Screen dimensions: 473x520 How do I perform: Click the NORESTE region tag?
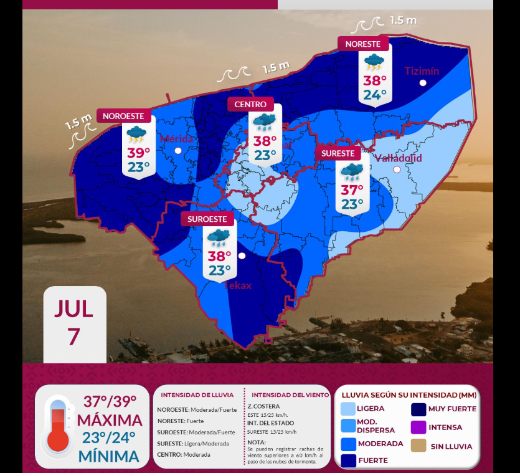pos(363,44)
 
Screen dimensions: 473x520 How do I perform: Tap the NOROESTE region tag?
pos(123,116)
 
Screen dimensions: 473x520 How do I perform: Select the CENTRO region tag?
pos(251,104)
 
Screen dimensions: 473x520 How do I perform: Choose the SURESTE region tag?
pos(338,153)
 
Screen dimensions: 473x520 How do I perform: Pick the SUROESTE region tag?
pos(208,219)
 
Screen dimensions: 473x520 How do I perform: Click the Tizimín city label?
pos(422,71)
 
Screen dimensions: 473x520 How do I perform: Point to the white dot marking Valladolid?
pos(397,170)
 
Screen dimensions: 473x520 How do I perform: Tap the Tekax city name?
pos(238,285)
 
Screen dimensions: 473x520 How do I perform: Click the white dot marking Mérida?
pos(178,151)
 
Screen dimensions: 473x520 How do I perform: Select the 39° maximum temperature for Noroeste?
pos(139,153)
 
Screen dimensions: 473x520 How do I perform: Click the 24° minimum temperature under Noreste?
pos(375,95)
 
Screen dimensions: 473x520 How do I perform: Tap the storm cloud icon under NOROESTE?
pos(136,133)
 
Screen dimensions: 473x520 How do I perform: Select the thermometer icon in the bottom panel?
pos(57,426)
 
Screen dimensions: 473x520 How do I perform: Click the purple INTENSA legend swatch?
pos(418,428)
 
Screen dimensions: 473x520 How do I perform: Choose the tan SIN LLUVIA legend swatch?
pos(418,446)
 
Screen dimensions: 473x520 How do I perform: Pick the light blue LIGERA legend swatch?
pos(348,409)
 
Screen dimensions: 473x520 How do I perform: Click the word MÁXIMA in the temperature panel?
pos(110,419)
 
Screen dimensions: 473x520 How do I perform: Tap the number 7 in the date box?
pos(74,337)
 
